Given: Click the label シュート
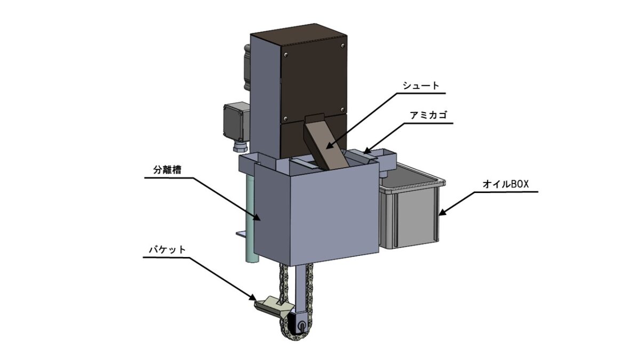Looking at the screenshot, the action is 421,86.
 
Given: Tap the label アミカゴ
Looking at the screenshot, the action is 428,116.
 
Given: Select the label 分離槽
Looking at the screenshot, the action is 167,170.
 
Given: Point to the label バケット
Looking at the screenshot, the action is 167,250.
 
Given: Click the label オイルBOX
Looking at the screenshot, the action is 506,185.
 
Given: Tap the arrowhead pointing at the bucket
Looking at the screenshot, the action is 251,297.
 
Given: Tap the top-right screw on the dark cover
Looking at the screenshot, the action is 342,46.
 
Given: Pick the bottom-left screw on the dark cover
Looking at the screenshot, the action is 285,118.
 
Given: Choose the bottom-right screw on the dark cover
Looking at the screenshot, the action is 342,109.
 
